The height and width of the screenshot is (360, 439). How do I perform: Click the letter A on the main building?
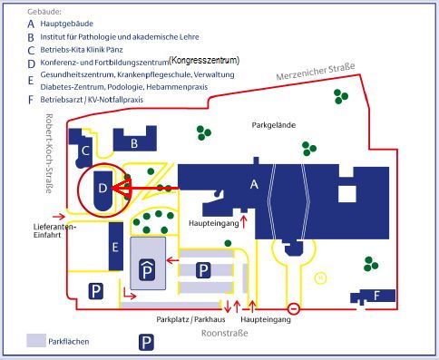pos(254,184)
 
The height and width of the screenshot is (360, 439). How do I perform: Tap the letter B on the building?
pos(133,142)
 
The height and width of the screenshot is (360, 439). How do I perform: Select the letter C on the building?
pos(85,151)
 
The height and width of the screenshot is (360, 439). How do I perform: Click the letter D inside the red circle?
pos(102,188)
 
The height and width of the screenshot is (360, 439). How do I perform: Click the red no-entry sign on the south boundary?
pos(294,306)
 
